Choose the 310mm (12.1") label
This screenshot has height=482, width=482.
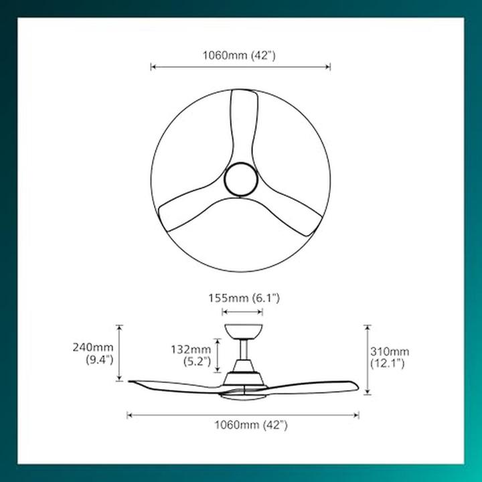(390, 357)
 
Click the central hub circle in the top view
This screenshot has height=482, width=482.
(240, 180)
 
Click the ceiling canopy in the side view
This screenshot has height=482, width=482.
(242, 331)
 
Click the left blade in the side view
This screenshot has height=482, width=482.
(174, 386)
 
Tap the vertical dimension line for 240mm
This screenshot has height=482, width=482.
(120, 353)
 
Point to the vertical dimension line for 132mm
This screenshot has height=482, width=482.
(216, 354)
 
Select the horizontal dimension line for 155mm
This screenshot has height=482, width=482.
(242, 312)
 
